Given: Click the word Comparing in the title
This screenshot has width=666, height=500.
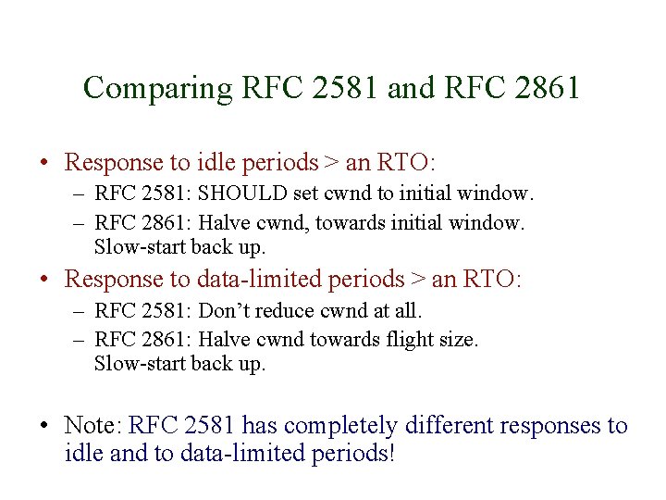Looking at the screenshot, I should [x=156, y=88].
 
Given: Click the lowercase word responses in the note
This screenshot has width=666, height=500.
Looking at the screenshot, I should [x=553, y=426].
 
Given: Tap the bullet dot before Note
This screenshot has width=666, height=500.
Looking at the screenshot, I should [x=43, y=427].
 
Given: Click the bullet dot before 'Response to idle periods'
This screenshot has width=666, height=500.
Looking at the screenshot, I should [x=43, y=164].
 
